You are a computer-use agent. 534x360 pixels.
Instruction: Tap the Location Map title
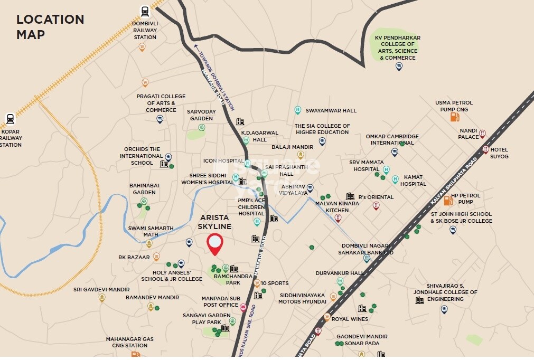(50, 27)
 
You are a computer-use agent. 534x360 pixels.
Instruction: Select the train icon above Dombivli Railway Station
(145, 11)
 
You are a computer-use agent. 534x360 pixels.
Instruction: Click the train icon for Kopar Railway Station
(10, 119)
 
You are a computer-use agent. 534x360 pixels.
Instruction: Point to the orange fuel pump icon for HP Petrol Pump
(448, 200)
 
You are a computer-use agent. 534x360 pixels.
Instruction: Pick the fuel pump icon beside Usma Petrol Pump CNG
(454, 116)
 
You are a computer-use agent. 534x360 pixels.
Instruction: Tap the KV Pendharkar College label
(398, 47)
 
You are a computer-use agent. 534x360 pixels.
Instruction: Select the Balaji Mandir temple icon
(301, 155)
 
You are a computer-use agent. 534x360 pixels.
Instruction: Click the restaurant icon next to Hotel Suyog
(485, 149)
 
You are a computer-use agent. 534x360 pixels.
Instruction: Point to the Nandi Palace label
(469, 134)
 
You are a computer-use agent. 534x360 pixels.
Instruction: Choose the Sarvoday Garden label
(201, 115)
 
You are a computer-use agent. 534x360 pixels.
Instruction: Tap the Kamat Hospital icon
(395, 179)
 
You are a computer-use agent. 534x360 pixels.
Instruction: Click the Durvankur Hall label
(339, 273)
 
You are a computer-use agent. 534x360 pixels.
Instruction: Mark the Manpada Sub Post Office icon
(243, 307)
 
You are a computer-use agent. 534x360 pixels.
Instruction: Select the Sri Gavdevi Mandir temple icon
(102, 298)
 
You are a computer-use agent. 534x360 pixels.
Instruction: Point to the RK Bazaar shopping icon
(156, 257)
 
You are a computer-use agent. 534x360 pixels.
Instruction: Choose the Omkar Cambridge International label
(392, 139)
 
